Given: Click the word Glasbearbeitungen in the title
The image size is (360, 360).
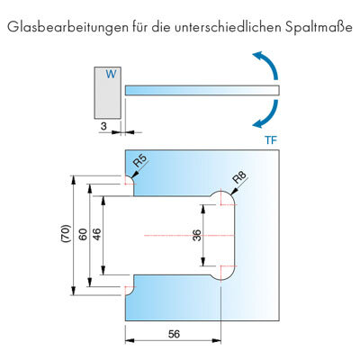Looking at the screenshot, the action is pos(67,27).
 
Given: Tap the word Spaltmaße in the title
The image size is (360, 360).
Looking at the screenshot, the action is pos(318,27).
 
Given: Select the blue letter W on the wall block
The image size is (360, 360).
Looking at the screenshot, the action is pos(111,74).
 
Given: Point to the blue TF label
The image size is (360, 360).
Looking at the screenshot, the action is pos(271,140).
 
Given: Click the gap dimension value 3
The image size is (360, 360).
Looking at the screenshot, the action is pos(103,126).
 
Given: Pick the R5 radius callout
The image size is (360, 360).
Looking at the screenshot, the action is pos(140,161).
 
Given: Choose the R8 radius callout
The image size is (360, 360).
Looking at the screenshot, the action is pos(239,177).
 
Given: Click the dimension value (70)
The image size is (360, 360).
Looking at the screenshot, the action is pos(66,233).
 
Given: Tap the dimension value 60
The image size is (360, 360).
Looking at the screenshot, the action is pos(83,234).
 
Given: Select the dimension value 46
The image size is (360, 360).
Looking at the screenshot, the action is pos(97,234).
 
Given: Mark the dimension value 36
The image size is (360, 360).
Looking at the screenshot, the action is pos(196,236).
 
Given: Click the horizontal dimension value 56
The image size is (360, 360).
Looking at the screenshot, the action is pos(174,334).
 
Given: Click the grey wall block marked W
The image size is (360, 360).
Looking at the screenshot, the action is pos(108,93).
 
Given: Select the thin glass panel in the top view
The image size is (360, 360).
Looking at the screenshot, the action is pos(202,91).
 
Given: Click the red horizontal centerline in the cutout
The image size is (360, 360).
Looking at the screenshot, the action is pos(189,236).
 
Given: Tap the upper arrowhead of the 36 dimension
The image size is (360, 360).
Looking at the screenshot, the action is pos(203,209).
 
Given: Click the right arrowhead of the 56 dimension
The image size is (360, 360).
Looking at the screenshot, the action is pos(216,340).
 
